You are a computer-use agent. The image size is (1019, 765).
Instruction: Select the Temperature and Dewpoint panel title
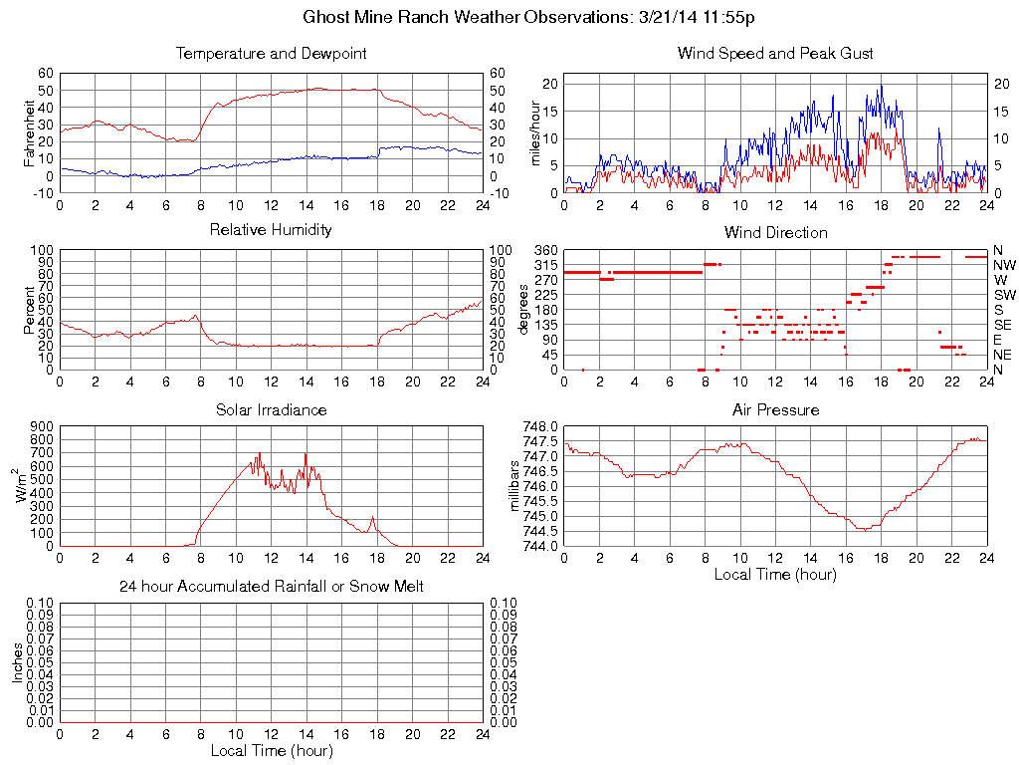point(271,53)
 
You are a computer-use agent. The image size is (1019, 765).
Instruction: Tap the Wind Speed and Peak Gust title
point(775,53)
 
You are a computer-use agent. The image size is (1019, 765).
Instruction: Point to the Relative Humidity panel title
point(271,230)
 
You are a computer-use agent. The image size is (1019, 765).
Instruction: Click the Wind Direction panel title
point(775,232)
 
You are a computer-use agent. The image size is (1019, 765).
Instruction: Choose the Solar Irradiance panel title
point(271,409)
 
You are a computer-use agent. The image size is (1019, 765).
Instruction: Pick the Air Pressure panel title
point(775,409)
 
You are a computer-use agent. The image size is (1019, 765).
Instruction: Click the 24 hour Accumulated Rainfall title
point(271,587)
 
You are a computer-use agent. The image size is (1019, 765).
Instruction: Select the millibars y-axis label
point(515,484)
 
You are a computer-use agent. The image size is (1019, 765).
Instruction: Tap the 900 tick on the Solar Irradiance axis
point(42,425)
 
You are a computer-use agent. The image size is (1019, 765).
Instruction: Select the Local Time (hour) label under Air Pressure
point(775,574)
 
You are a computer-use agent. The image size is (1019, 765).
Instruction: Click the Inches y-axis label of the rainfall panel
point(18,661)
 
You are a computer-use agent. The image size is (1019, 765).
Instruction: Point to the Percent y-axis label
point(30,309)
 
